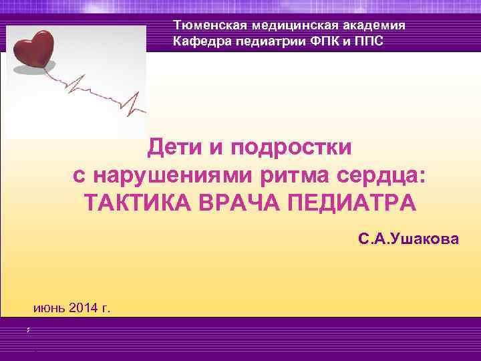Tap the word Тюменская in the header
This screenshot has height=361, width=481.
(202, 25)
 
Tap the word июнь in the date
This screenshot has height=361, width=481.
(49, 308)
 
